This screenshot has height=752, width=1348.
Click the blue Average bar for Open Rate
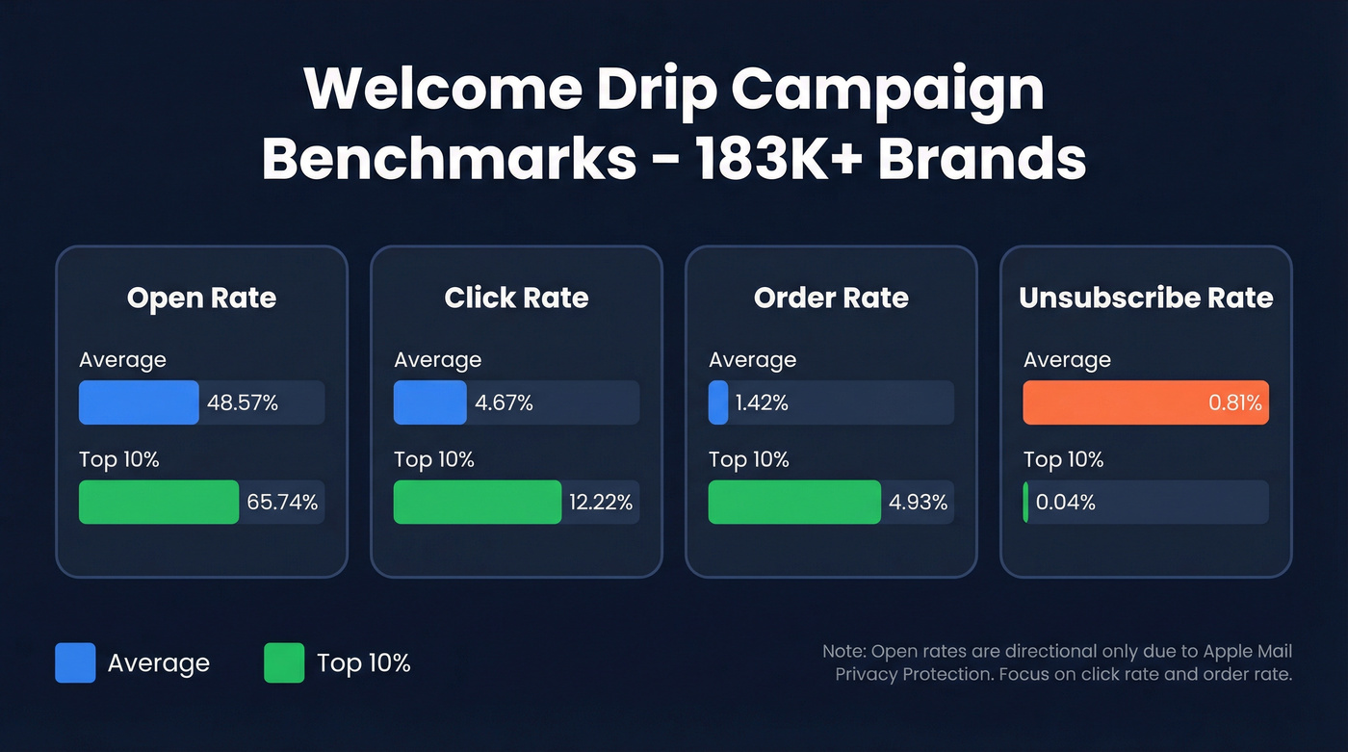click(x=139, y=402)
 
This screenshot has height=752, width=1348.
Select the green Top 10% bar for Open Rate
click(x=158, y=502)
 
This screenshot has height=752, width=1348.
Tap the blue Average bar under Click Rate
click(x=429, y=402)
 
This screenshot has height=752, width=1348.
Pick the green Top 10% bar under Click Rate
click(x=477, y=502)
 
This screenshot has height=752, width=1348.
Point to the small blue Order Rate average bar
click(x=718, y=402)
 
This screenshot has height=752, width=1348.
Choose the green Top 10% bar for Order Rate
click(x=793, y=502)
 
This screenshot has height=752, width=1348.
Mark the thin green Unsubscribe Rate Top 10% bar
click(x=1026, y=502)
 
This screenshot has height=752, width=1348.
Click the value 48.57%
click(x=243, y=403)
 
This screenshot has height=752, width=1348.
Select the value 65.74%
click(x=282, y=503)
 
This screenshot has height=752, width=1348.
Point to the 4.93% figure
click(x=917, y=503)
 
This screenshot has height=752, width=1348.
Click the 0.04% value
click(x=1066, y=503)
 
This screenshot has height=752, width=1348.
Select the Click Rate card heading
click(x=516, y=298)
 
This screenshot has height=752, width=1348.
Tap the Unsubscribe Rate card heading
click(x=1146, y=298)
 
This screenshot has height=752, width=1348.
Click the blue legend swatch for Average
click(x=75, y=662)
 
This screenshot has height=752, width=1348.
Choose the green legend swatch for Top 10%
click(x=284, y=662)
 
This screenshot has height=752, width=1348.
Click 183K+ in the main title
click(x=764, y=158)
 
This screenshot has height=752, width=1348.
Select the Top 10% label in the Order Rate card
click(x=748, y=459)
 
